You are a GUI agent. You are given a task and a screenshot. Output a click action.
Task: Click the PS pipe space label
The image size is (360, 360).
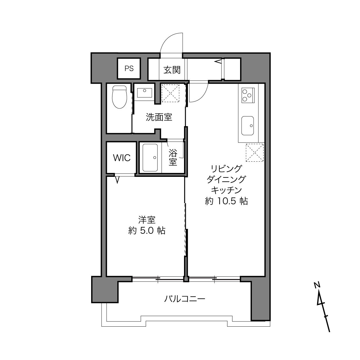click(x=129, y=68)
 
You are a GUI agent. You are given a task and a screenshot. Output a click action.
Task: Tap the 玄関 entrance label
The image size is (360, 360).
click(x=172, y=70)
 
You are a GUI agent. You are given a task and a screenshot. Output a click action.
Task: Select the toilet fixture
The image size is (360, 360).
click(x=120, y=97)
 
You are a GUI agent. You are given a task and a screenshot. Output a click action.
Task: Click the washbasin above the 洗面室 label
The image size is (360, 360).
click(x=144, y=93)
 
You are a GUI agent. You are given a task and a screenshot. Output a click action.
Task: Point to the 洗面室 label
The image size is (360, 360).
click(x=159, y=117)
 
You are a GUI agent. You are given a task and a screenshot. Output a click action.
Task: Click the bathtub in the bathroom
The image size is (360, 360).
click(x=150, y=158)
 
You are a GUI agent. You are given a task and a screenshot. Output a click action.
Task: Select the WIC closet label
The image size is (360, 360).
click(x=122, y=158)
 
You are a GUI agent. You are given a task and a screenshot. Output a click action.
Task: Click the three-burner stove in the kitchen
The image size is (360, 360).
click(x=248, y=95)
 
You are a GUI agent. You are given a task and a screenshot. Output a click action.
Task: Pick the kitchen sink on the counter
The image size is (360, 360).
click(x=248, y=126)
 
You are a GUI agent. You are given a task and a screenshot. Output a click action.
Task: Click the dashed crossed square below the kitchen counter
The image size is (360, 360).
click(x=255, y=152)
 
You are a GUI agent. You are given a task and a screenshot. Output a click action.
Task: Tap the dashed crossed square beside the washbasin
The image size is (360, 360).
click(x=171, y=93)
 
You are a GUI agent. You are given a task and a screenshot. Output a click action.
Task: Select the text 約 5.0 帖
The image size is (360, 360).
click(x=147, y=231)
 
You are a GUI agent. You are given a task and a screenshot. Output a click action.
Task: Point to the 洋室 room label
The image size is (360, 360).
click(x=147, y=220)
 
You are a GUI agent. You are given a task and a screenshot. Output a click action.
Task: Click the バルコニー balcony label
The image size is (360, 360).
click(x=185, y=299)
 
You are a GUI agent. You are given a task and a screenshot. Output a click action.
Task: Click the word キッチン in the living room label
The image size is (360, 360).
click(x=226, y=190)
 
